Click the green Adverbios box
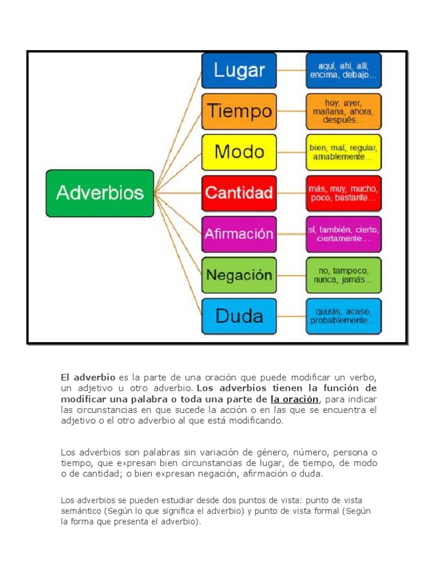pos(100,193)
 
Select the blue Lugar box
pos(239,71)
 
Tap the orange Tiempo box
pos(239,111)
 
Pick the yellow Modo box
pos(239,152)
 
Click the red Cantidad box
pos(239,193)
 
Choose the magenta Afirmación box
pos(239,234)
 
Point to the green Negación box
pos(239,275)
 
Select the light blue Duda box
pos(239,316)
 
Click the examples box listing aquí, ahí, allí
pos(344,71)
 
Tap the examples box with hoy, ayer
pos(344,111)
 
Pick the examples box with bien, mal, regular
pos(344,152)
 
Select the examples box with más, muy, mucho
pos(344,193)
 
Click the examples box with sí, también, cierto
pos(344,234)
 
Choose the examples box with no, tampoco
pos(344,275)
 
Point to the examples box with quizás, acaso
pos(344,316)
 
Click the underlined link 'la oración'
pos(295,399)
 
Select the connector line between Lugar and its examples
pos(291,71)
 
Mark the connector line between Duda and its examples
pos(291,316)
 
